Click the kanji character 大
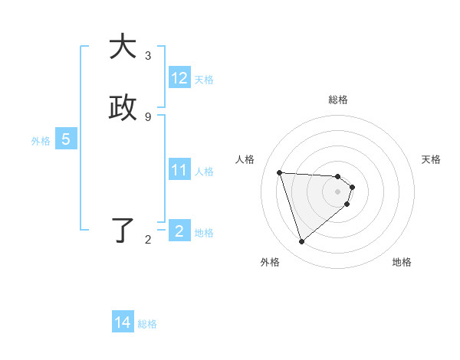[x=122, y=47]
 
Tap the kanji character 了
[x=122, y=231]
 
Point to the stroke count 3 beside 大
[x=148, y=56]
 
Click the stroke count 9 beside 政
[x=148, y=116]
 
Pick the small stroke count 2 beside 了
[x=148, y=240]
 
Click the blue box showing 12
[x=179, y=78]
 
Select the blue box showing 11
[x=179, y=170]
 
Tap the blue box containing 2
[x=179, y=231]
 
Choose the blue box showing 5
[x=66, y=140]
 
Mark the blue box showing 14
[x=123, y=323]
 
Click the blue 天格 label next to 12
[x=204, y=80]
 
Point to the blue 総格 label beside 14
[x=147, y=324]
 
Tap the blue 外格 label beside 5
[x=41, y=141]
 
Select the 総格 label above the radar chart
[x=338, y=100]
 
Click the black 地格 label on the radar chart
[x=402, y=262]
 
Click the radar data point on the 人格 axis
[x=280, y=172]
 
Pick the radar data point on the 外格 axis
[x=301, y=242]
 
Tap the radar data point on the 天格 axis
[x=352, y=187]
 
